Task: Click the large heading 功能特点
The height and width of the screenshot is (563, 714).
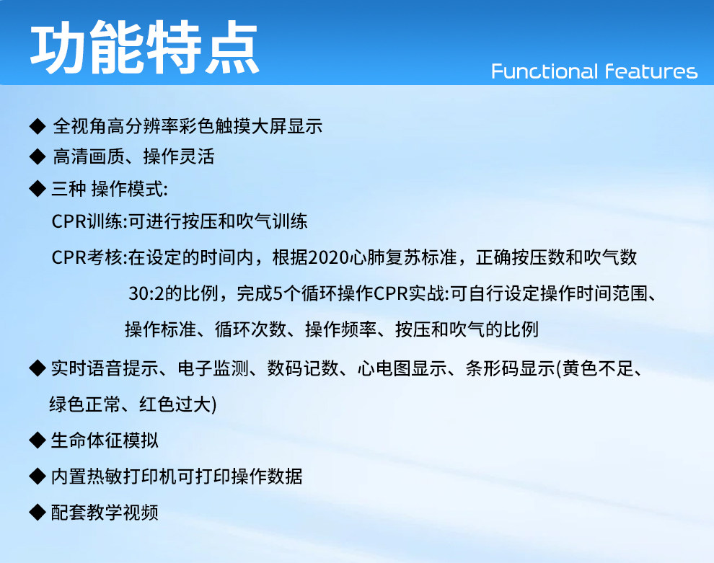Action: (144, 48)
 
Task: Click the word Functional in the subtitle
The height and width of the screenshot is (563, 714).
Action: (545, 71)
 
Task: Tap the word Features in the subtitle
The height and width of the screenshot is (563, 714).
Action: (651, 71)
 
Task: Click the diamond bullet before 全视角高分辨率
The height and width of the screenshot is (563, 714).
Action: (38, 126)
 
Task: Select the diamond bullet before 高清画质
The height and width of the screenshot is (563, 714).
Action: (38, 156)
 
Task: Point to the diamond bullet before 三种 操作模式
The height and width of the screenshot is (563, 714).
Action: (38, 188)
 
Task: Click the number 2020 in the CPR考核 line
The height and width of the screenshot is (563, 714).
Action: (329, 257)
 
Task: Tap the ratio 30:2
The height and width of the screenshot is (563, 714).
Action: (146, 293)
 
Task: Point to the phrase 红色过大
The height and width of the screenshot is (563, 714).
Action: (175, 404)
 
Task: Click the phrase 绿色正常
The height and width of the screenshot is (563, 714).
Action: (84, 404)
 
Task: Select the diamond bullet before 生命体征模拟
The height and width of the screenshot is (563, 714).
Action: (38, 440)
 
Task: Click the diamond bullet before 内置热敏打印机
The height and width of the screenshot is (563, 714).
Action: (38, 476)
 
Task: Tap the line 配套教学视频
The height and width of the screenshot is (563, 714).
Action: (105, 513)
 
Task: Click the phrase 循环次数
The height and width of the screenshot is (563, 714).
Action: (250, 329)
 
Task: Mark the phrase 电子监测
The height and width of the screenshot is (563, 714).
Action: (213, 368)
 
